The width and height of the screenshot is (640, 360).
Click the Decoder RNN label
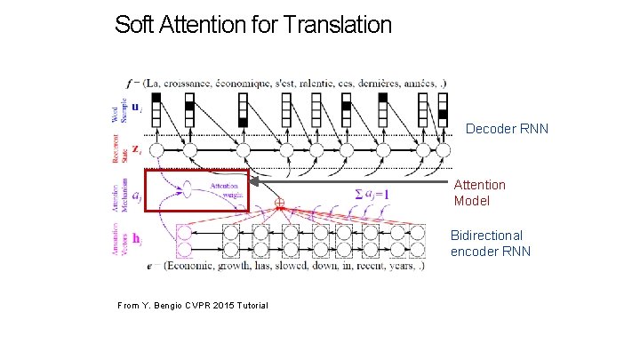point(507,129)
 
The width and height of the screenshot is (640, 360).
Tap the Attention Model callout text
point(480,193)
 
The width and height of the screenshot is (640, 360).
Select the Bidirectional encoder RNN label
point(491,243)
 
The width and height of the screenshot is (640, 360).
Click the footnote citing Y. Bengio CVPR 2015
point(193,306)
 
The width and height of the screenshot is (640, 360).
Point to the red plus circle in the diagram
point(278,204)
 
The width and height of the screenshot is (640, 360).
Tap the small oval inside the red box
point(187,188)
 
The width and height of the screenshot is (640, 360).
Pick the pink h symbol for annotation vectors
point(135,240)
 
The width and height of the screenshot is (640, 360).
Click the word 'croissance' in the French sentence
point(195,84)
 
